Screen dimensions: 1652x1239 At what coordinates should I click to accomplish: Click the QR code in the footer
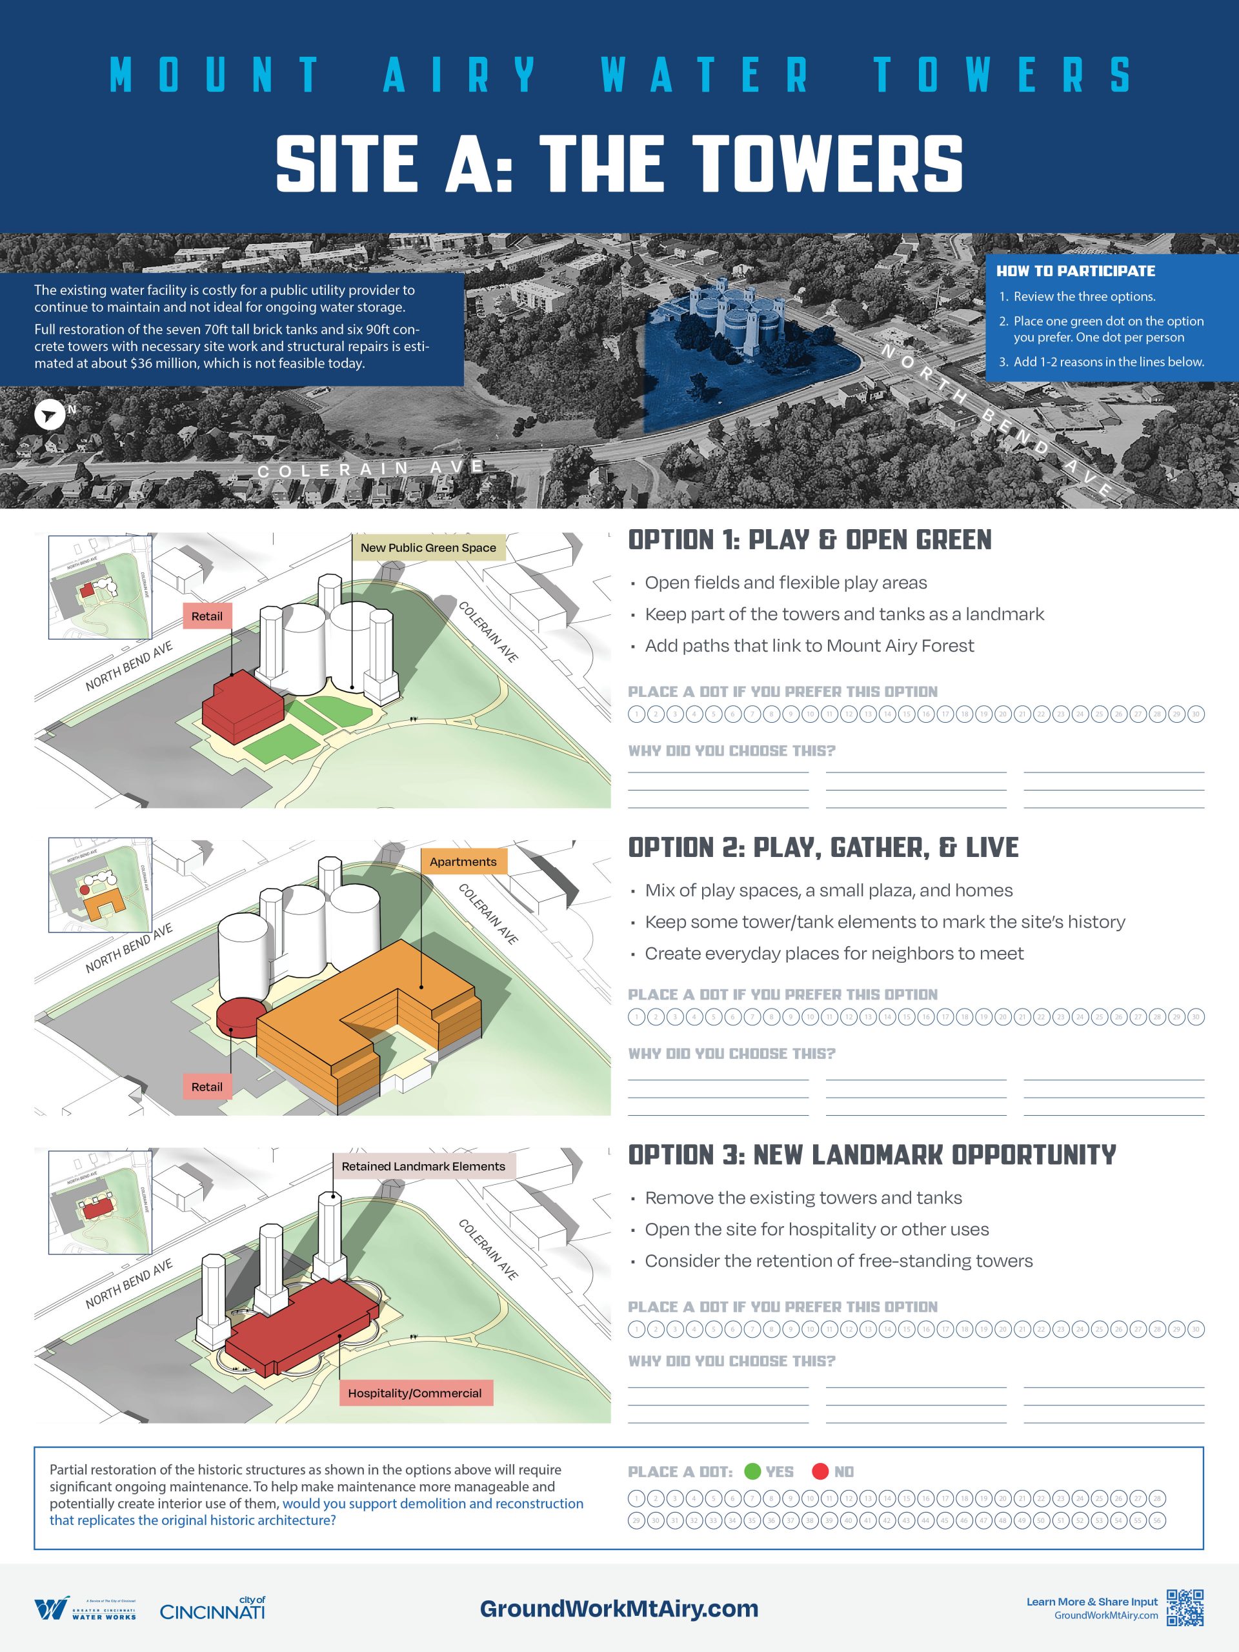(x=1185, y=1607)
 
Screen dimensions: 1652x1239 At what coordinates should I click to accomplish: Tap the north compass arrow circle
(x=49, y=415)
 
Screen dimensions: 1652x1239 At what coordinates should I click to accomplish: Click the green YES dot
(x=753, y=1471)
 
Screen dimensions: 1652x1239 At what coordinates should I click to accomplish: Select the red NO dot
(x=820, y=1471)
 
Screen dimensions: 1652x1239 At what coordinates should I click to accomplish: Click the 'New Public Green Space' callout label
(x=428, y=547)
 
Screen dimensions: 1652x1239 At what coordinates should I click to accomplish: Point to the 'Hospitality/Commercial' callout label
(x=414, y=1393)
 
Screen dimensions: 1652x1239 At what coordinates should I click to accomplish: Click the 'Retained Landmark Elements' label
(x=423, y=1166)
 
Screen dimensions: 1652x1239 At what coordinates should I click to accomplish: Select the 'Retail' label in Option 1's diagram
(x=207, y=616)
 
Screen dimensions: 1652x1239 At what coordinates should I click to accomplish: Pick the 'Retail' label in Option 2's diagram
(x=207, y=1087)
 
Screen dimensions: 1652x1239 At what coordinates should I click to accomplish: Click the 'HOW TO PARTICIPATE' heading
(x=1076, y=271)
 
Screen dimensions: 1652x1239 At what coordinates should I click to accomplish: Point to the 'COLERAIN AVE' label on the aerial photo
(x=371, y=469)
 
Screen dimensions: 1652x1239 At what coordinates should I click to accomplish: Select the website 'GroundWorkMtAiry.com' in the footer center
(x=619, y=1609)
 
